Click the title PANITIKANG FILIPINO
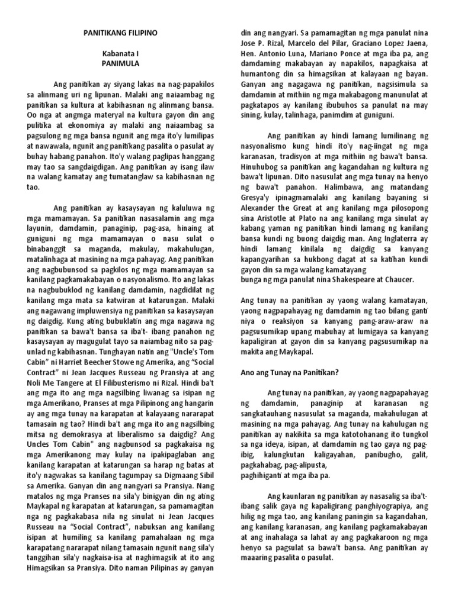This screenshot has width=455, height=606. pyautogui.click(x=119, y=35)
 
